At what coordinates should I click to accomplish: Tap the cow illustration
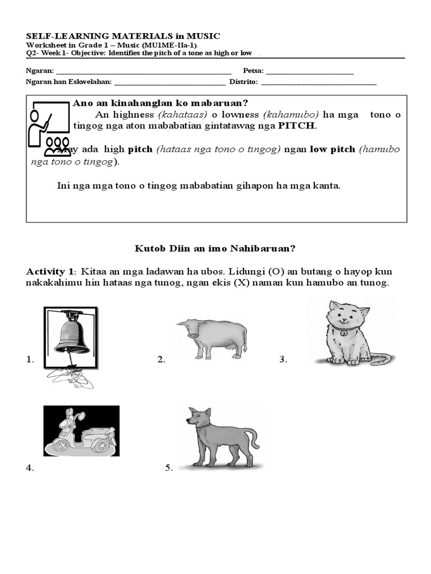coord(212,338)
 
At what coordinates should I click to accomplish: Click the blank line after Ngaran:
coord(144,72)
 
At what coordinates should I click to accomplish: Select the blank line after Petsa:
coord(310,72)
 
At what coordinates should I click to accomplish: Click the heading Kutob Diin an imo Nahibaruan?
coord(215,248)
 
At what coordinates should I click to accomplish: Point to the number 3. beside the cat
coord(283,360)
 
